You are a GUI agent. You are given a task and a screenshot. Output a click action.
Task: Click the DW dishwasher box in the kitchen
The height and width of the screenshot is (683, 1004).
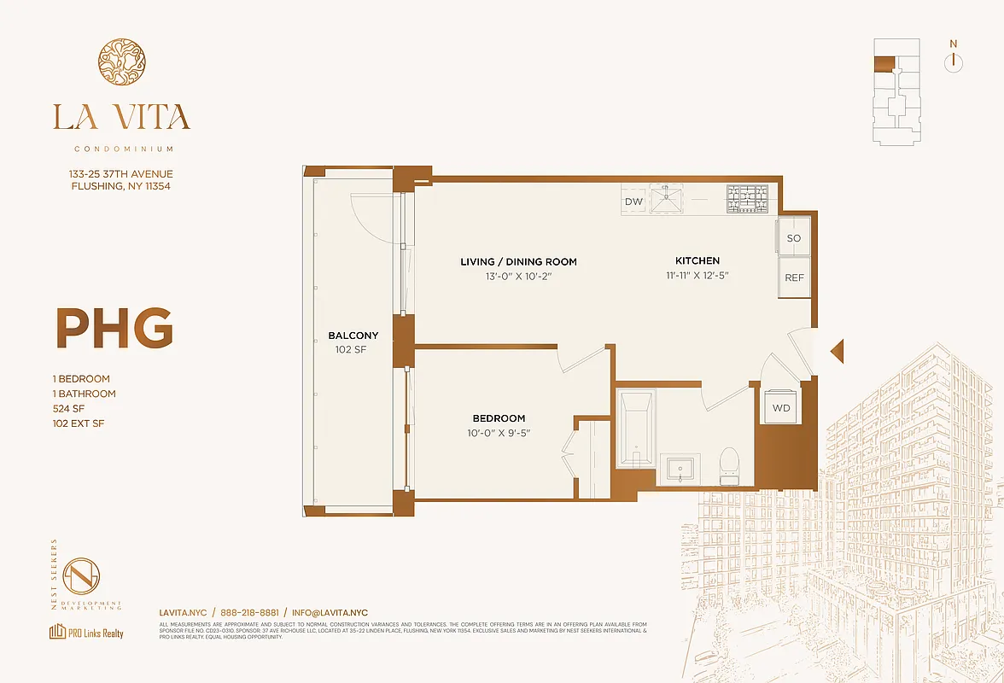click(x=633, y=201)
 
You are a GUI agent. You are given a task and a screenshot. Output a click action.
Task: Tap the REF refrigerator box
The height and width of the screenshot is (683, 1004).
click(x=793, y=278)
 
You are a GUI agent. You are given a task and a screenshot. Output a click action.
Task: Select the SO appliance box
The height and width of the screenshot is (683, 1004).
click(x=793, y=238)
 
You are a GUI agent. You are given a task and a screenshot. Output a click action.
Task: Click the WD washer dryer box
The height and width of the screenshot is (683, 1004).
click(x=781, y=408)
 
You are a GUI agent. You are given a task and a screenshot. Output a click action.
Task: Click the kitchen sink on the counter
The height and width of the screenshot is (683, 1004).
click(x=668, y=200)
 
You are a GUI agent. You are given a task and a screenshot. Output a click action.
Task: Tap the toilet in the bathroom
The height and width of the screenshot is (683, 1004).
click(x=729, y=465)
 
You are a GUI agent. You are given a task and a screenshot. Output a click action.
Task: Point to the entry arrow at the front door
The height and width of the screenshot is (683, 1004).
click(x=838, y=351)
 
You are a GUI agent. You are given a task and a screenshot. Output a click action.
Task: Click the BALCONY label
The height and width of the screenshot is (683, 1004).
click(x=353, y=336)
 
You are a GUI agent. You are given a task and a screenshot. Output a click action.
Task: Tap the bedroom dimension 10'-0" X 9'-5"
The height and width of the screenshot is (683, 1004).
click(x=499, y=433)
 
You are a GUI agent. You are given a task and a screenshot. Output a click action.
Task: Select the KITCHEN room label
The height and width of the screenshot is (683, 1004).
click(x=698, y=260)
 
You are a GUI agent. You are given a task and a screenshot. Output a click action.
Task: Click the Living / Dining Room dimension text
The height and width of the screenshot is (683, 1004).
click(x=518, y=276)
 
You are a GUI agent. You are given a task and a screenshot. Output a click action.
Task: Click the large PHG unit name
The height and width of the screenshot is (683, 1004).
click(x=114, y=327)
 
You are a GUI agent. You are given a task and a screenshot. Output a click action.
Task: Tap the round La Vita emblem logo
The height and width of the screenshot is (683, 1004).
click(x=121, y=62)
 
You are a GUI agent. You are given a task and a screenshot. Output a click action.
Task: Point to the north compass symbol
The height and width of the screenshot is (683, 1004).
click(x=954, y=61)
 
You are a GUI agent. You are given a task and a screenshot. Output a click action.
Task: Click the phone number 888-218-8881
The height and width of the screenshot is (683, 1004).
click(x=249, y=613)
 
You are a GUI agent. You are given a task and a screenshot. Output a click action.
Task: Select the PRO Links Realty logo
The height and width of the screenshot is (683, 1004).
click(x=86, y=633)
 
